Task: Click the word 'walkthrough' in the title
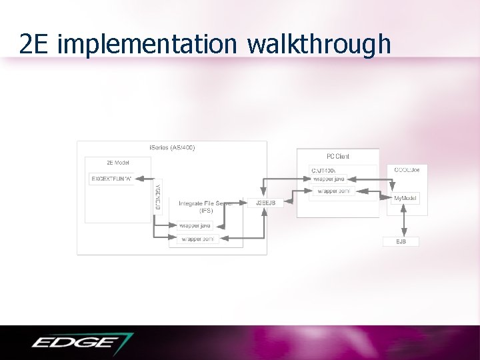click(319, 43)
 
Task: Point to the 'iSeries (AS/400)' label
click(171, 147)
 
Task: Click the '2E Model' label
click(118, 162)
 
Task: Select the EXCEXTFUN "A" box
click(111, 179)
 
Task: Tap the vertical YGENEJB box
click(158, 197)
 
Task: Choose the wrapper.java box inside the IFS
click(196, 226)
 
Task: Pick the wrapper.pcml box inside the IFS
click(198, 238)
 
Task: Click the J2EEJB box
click(265, 203)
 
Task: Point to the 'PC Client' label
click(337, 156)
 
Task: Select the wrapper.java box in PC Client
click(329, 179)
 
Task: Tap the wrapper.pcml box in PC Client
click(333, 191)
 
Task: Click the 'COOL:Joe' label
click(407, 170)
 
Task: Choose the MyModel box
click(406, 199)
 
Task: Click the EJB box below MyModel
click(401, 241)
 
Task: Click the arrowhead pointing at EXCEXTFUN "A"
click(138, 179)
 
